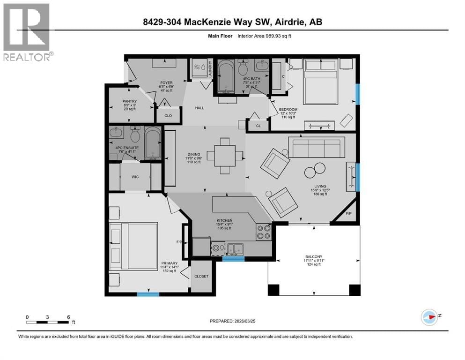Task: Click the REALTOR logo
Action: point(26,32)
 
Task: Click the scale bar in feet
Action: point(48,321)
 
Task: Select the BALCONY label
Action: point(314,256)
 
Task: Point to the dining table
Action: point(225,155)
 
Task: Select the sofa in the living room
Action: point(316,147)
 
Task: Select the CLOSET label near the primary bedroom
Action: point(202,276)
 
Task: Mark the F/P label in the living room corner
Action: point(347,213)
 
